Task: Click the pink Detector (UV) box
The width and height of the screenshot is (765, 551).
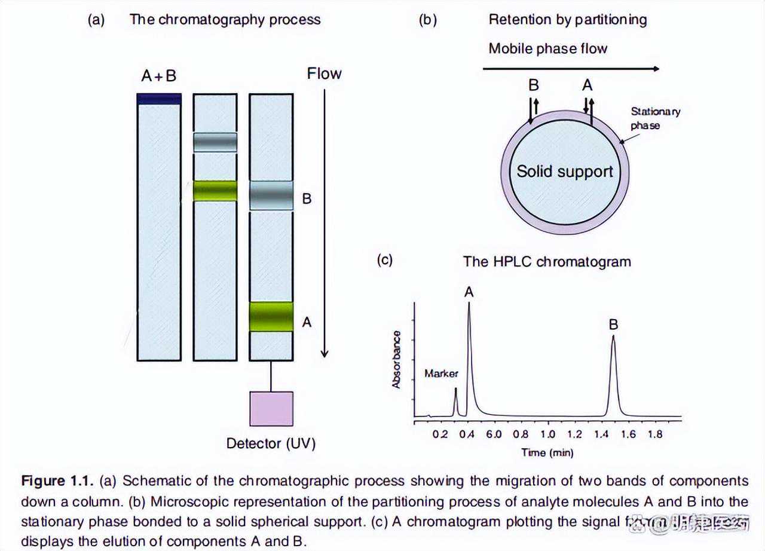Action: pyautogui.click(x=271, y=409)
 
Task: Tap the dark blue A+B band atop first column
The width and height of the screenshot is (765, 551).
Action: pyautogui.click(x=159, y=99)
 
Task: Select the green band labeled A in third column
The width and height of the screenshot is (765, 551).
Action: pyautogui.click(x=271, y=317)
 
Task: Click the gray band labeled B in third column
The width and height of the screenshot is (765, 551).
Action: pyautogui.click(x=271, y=195)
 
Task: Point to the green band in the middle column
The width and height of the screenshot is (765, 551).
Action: pyautogui.click(x=215, y=190)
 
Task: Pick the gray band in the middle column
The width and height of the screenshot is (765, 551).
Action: pyautogui.click(x=215, y=142)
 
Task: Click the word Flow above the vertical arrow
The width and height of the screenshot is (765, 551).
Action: pyautogui.click(x=324, y=74)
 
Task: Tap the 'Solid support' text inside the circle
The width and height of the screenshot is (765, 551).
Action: pyautogui.click(x=565, y=172)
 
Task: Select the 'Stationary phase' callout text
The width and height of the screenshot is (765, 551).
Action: pyautogui.click(x=655, y=118)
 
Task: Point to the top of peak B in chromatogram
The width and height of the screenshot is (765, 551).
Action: pyautogui.click(x=613, y=336)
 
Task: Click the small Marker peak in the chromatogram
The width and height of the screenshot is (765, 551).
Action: pyautogui.click(x=455, y=390)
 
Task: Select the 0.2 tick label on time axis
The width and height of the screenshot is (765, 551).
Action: pyautogui.click(x=440, y=434)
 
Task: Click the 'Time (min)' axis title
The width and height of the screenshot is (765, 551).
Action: pyautogui.click(x=546, y=452)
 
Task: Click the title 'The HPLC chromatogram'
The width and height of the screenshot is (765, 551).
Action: pyautogui.click(x=547, y=261)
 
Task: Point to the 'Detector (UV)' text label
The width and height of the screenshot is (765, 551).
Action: pyautogui.click(x=271, y=443)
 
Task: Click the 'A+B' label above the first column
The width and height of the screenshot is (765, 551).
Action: pyautogui.click(x=158, y=76)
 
